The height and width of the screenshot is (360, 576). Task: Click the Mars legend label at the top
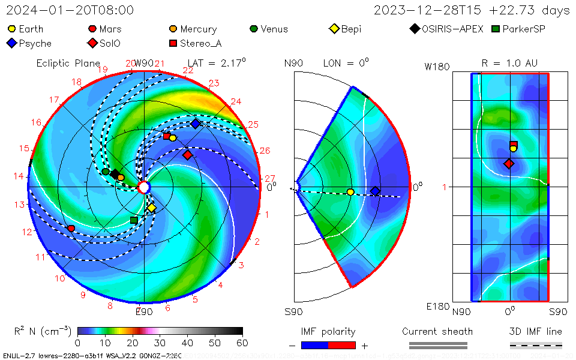pyautogui.click(x=110, y=29)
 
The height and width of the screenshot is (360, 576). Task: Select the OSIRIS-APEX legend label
pyautogui.click(x=452, y=29)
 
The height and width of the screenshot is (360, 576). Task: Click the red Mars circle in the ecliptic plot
pyautogui.click(x=71, y=229)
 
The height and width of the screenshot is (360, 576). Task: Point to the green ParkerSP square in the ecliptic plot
pyautogui.click(x=134, y=220)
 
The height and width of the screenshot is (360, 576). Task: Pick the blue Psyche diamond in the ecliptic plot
pyautogui.click(x=196, y=124)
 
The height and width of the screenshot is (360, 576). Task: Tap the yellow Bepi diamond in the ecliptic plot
pyautogui.click(x=152, y=208)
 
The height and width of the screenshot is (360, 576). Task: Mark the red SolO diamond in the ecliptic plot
pyautogui.click(x=187, y=155)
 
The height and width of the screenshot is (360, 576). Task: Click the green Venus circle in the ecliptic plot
pyautogui.click(x=106, y=172)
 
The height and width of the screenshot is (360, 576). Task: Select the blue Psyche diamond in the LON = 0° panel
pyautogui.click(x=375, y=191)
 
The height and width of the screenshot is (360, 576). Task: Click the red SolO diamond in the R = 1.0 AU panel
pyautogui.click(x=509, y=163)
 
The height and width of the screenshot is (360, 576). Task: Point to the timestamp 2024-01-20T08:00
pyautogui.click(x=70, y=10)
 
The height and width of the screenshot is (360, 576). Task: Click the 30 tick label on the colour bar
pyautogui.click(x=160, y=343)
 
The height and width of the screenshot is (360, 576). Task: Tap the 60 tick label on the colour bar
pyautogui.click(x=242, y=343)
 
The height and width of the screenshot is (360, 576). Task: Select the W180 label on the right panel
pyautogui.click(x=437, y=67)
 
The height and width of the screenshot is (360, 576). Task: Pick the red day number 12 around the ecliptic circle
pyautogui.click(x=26, y=232)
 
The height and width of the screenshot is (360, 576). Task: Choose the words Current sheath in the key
pyautogui.click(x=437, y=331)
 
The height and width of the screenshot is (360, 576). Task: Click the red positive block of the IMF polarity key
pyautogui.click(x=342, y=345)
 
